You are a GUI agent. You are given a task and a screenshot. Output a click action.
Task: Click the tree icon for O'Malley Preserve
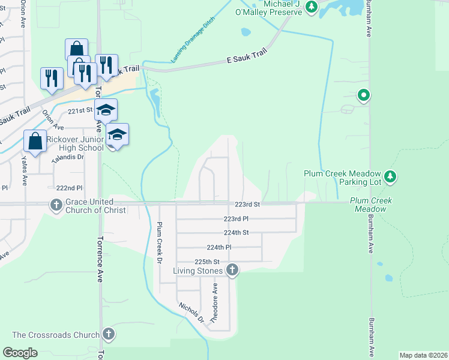tap(311, 7)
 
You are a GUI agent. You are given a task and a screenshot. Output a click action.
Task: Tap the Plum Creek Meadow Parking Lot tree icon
tap(391, 176)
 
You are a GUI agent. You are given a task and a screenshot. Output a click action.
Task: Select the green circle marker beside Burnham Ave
tap(363, 95)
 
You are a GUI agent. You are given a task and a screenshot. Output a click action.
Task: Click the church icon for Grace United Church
tap(56, 205)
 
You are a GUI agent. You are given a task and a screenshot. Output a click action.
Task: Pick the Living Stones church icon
tap(232, 271)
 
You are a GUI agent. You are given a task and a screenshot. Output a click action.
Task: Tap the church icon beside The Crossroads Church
tap(108, 334)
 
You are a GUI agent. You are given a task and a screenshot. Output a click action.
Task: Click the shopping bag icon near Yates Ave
tap(35, 142)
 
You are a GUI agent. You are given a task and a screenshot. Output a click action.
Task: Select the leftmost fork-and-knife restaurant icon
tap(52, 78)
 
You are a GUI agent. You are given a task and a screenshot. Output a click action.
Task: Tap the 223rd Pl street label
tap(236, 219)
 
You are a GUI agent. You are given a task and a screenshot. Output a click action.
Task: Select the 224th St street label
tap(236, 232)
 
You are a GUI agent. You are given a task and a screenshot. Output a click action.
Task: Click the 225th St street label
tap(208, 262)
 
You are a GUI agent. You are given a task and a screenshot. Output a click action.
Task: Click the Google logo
tap(20, 353)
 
